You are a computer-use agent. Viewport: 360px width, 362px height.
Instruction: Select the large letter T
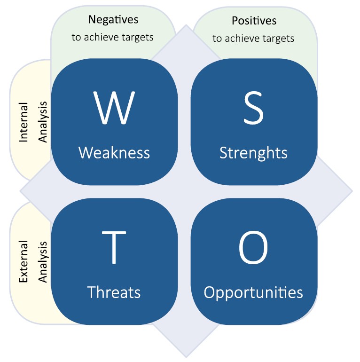click(114, 248)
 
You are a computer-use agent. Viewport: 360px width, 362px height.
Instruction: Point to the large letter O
click(253, 248)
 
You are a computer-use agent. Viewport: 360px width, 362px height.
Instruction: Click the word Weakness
click(114, 152)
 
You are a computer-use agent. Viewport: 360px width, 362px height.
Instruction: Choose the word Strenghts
click(253, 152)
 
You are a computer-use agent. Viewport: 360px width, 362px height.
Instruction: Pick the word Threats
click(114, 292)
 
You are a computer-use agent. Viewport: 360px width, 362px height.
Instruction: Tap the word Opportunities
click(253, 292)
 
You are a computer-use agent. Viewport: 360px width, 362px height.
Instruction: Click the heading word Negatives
click(113, 20)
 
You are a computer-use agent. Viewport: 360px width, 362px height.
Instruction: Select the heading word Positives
click(254, 21)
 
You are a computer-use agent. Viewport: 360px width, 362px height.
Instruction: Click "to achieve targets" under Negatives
click(113, 37)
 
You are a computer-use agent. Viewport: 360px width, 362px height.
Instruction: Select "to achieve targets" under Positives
click(254, 38)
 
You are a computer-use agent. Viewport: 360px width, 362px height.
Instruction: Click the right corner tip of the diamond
click(352, 191)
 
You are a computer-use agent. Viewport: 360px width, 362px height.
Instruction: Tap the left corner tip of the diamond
click(20, 191)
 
